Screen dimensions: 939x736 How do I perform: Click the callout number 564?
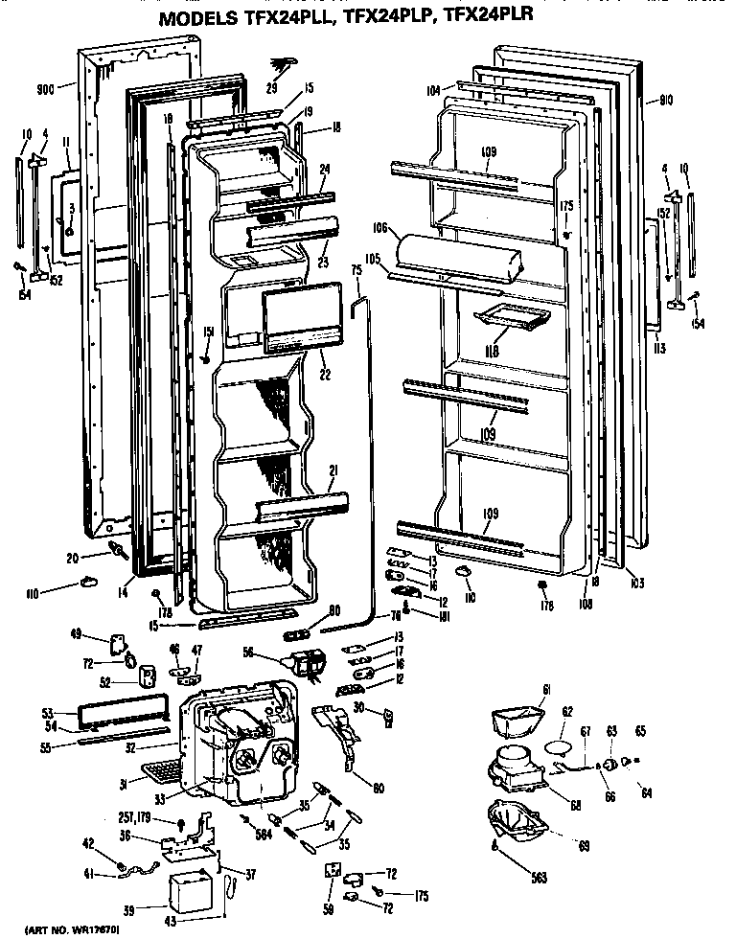click(263, 833)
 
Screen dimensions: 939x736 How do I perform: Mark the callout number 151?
click(206, 332)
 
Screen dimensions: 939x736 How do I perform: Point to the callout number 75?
click(356, 271)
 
